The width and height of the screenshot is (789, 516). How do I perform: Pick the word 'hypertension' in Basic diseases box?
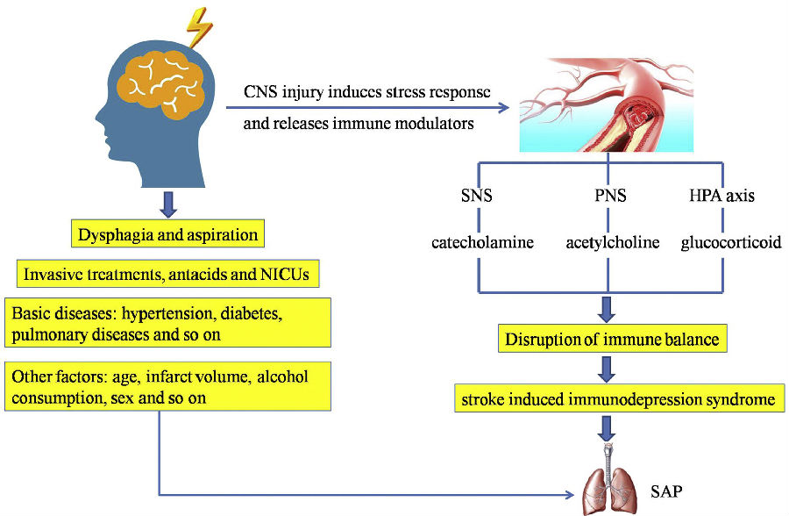(218, 313)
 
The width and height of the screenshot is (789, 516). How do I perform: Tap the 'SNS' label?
(476, 196)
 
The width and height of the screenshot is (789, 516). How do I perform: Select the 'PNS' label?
(609, 196)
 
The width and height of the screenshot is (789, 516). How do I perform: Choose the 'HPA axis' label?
(720, 196)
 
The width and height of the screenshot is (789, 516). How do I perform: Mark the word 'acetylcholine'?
(612, 242)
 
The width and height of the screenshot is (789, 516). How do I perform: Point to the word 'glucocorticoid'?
(730, 242)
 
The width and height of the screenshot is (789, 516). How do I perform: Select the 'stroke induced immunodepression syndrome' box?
(618, 400)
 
